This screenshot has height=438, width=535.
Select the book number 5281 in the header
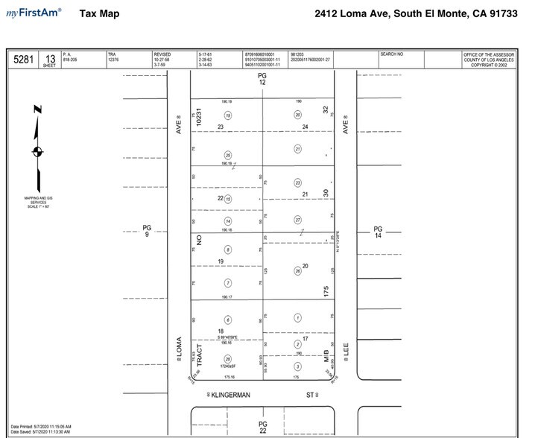(x=22, y=60)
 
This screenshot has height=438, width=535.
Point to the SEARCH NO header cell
(x=391, y=54)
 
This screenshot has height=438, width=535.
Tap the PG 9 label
(x=147, y=232)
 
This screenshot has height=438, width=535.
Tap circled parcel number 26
(x=297, y=270)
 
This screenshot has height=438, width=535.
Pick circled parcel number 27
(x=297, y=220)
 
